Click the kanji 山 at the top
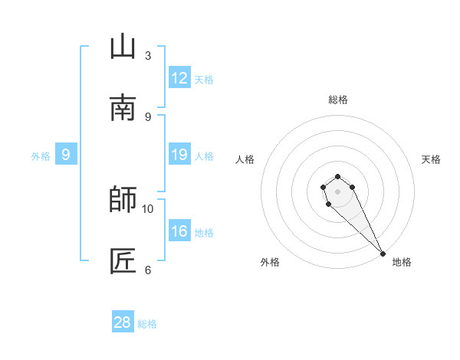click(x=123, y=47)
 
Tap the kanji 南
click(x=123, y=108)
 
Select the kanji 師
click(x=123, y=200)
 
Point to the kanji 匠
click(x=123, y=261)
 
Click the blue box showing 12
click(x=179, y=78)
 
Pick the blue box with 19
click(x=179, y=155)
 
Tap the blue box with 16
click(x=179, y=231)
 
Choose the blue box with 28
click(x=123, y=322)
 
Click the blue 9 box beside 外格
click(x=66, y=155)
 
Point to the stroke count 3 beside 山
click(x=148, y=56)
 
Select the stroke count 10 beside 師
click(x=148, y=208)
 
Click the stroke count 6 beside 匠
click(x=148, y=270)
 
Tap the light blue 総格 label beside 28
click(x=147, y=324)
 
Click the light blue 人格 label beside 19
click(x=204, y=156)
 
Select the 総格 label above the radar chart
click(x=338, y=100)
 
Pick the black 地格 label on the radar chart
click(x=402, y=263)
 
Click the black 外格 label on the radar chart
click(x=270, y=263)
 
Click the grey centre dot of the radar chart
click(x=337, y=191)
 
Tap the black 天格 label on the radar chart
click(x=431, y=159)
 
